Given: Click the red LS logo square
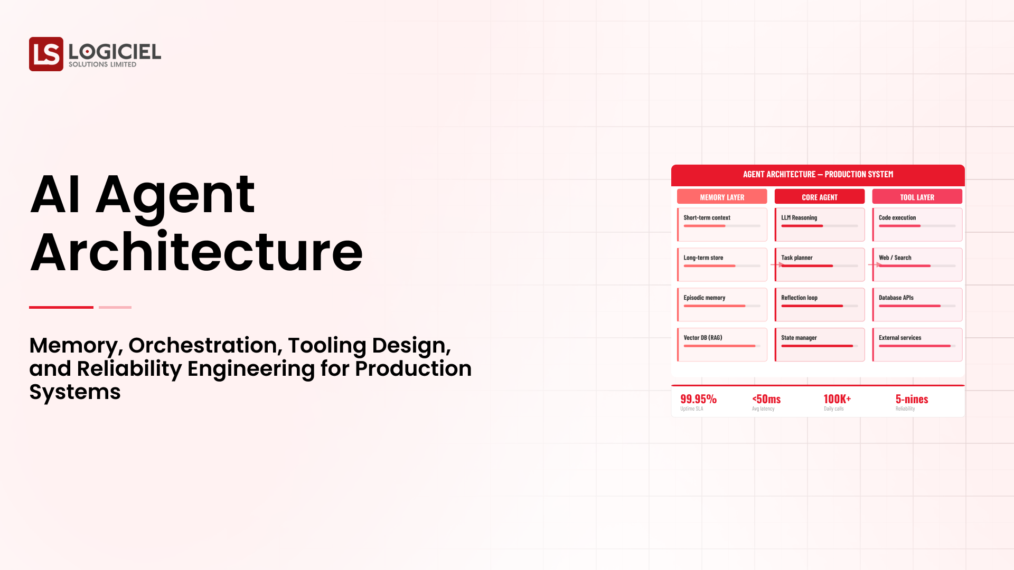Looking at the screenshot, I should click(46, 54).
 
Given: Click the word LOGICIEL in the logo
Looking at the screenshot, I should click(115, 51).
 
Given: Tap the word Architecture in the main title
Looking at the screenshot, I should click(196, 252).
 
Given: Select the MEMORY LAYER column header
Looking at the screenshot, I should click(722, 197).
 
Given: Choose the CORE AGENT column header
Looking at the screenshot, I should click(819, 197).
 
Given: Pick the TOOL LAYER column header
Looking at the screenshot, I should click(917, 197).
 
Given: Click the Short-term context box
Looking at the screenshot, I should click(722, 224).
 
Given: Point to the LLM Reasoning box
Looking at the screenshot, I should click(819, 224).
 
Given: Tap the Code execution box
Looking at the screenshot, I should click(917, 224).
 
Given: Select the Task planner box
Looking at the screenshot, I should click(819, 264).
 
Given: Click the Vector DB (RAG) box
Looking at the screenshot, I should click(722, 344).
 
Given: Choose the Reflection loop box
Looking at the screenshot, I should click(819, 304).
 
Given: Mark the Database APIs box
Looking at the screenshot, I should click(917, 304).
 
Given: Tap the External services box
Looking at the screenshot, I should click(917, 344).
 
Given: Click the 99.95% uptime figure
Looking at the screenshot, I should click(698, 399).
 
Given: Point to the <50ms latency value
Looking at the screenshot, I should click(766, 399).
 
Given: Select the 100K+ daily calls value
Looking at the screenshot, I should click(837, 399).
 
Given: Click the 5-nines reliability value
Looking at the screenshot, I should click(912, 399).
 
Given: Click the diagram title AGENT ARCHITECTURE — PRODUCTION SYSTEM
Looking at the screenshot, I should click(818, 175).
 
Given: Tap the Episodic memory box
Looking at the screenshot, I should click(722, 304).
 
